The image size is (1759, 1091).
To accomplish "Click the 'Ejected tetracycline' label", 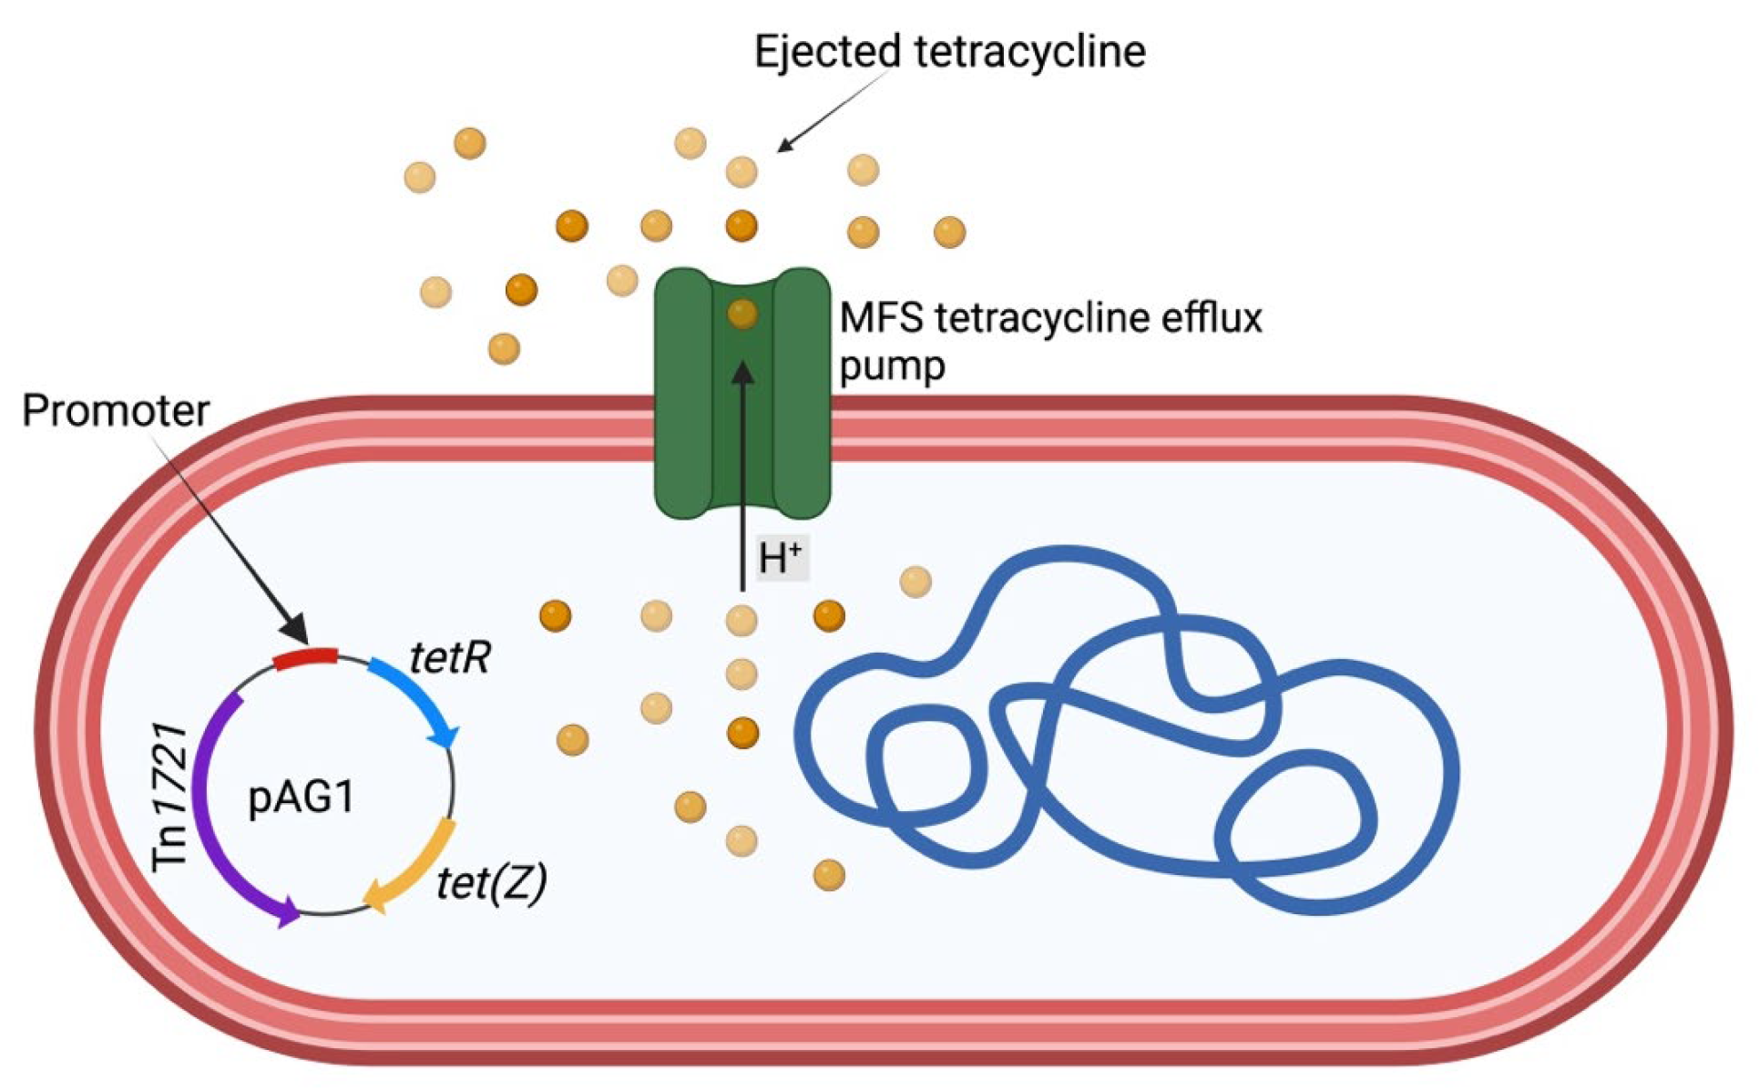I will (949, 51).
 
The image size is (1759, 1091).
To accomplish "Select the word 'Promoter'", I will (116, 410).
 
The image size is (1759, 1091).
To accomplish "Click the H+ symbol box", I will (781, 557).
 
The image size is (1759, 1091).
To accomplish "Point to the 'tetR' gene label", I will (450, 656).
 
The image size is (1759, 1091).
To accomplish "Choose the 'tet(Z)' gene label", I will (491, 882).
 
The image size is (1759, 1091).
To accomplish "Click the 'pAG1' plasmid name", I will (301, 798).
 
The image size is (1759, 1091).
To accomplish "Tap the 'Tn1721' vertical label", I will (170, 798).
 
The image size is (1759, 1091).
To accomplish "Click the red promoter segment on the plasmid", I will (306, 658).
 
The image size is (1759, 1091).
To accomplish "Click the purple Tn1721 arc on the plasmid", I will (219, 820).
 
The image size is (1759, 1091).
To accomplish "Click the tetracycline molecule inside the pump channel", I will (742, 314).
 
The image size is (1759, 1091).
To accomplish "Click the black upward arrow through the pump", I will (742, 474).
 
